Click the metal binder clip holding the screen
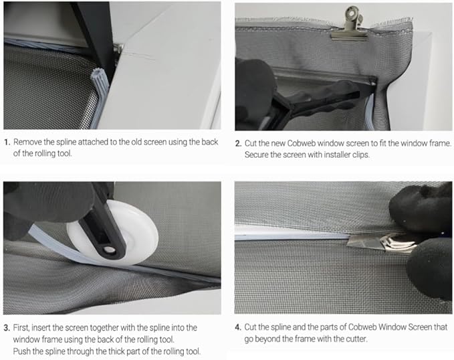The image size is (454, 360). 350,25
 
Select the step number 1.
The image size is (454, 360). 7,143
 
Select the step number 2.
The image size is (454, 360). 238,143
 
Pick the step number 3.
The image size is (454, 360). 7,328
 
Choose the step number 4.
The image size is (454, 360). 238,327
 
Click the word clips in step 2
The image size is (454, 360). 360,155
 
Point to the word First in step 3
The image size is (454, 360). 21,328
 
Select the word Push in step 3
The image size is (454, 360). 21,351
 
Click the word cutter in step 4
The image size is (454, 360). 356,339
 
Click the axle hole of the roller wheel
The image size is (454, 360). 109,250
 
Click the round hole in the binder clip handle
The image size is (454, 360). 352,13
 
